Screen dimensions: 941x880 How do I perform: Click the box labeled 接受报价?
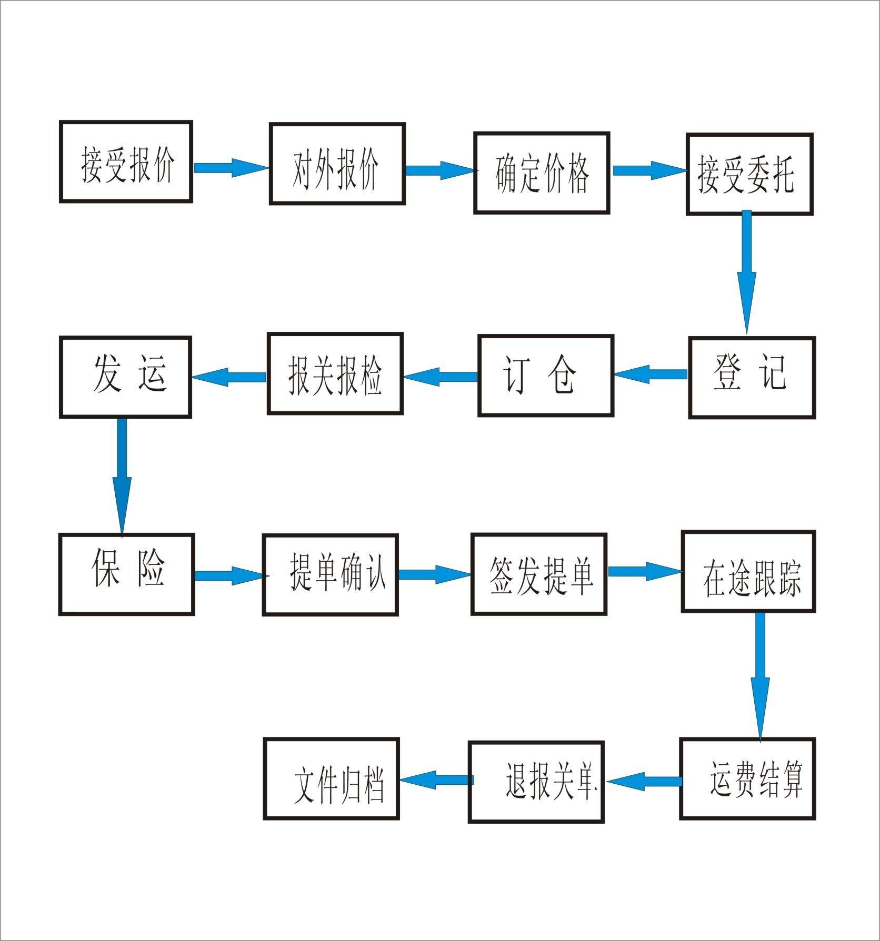coord(126,161)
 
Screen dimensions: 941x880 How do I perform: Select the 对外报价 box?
coord(337,164)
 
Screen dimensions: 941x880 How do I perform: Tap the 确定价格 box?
coord(542,173)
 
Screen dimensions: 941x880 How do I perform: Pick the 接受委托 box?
coord(749,174)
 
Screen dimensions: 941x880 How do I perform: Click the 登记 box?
coord(752,377)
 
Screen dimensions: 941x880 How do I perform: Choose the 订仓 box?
coord(546,376)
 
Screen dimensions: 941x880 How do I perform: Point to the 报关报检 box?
coord(335,373)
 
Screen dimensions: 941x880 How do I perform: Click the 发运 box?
coord(125,377)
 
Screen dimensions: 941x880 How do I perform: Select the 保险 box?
coord(126,574)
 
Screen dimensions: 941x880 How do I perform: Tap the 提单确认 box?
coord(330,574)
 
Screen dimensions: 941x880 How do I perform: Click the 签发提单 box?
coord(539,574)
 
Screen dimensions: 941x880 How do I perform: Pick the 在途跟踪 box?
coord(748,571)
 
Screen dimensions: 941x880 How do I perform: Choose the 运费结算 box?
coord(747,779)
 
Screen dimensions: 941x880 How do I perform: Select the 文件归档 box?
coord(331,778)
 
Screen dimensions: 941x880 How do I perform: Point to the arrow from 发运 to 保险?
coord(122,473)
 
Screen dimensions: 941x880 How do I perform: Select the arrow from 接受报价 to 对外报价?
coord(231,168)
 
